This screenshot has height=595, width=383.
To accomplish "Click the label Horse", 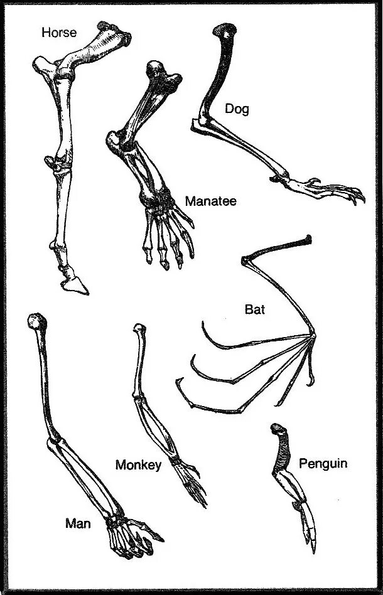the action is [x=59, y=31].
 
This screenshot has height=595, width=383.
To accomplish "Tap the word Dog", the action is [x=237, y=109].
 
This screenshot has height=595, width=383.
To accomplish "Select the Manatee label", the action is [x=210, y=201].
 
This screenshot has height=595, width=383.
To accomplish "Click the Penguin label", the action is [x=323, y=464].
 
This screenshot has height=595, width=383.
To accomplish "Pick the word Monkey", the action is [x=139, y=465].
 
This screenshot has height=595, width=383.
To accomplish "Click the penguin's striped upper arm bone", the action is [x=279, y=452].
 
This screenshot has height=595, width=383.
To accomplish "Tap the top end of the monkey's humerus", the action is [x=140, y=328].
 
